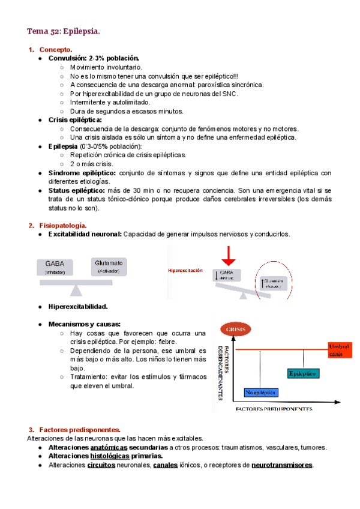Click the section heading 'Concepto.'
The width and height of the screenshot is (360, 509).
coord(56,49)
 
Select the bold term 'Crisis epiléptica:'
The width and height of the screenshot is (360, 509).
coord(75,120)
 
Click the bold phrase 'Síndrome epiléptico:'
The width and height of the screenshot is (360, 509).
coord(82,173)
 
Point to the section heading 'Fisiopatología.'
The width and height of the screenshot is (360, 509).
coord(64,226)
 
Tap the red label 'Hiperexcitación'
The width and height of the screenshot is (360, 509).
coord(185,271)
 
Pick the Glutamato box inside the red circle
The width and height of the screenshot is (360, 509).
coord(274,283)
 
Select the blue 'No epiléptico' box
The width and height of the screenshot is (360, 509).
coord(260,393)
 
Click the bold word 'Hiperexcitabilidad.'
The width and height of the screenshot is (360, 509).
coord(78,307)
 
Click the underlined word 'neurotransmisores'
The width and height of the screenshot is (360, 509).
coord(282,465)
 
